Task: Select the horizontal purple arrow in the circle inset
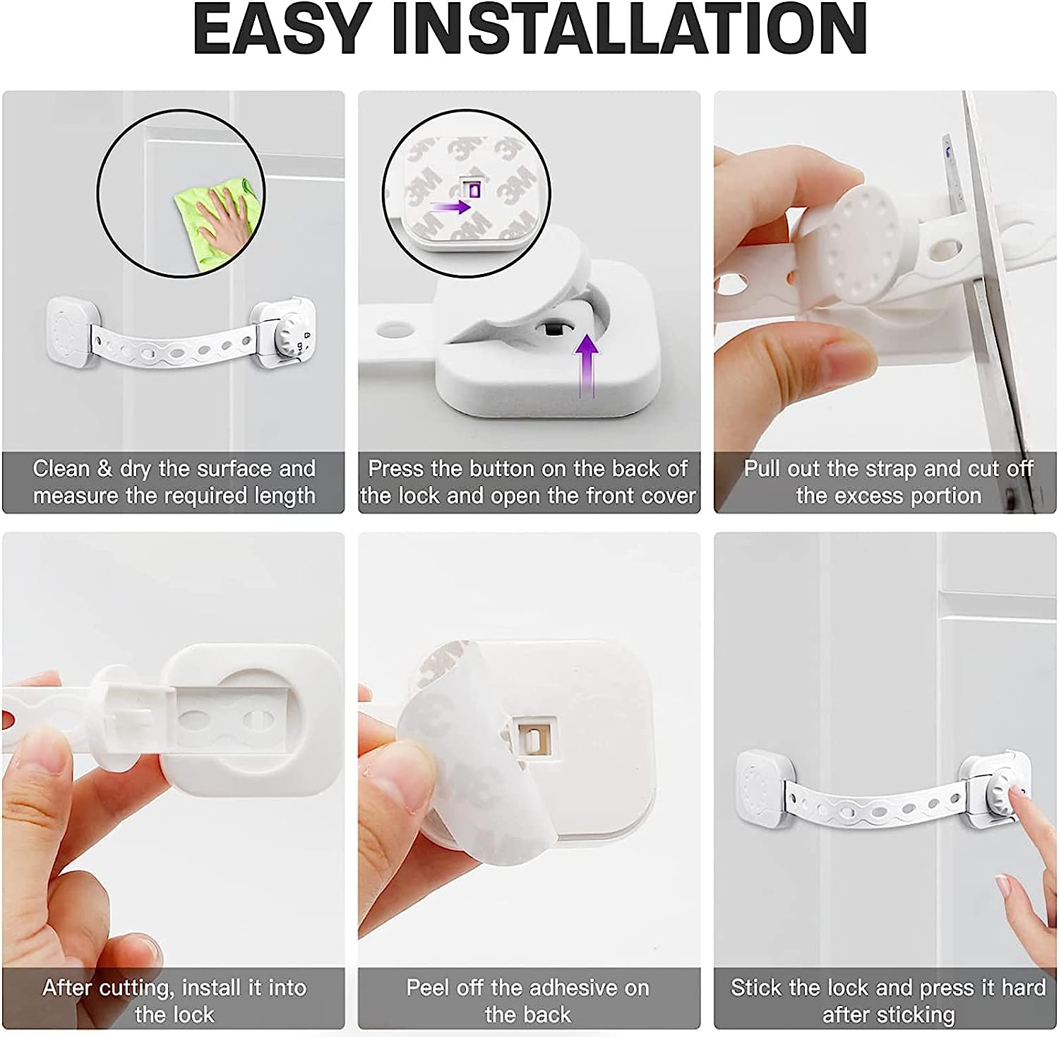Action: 450,207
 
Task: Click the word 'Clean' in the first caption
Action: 61,469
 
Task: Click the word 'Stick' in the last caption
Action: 754,988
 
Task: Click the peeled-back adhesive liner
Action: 459,763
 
